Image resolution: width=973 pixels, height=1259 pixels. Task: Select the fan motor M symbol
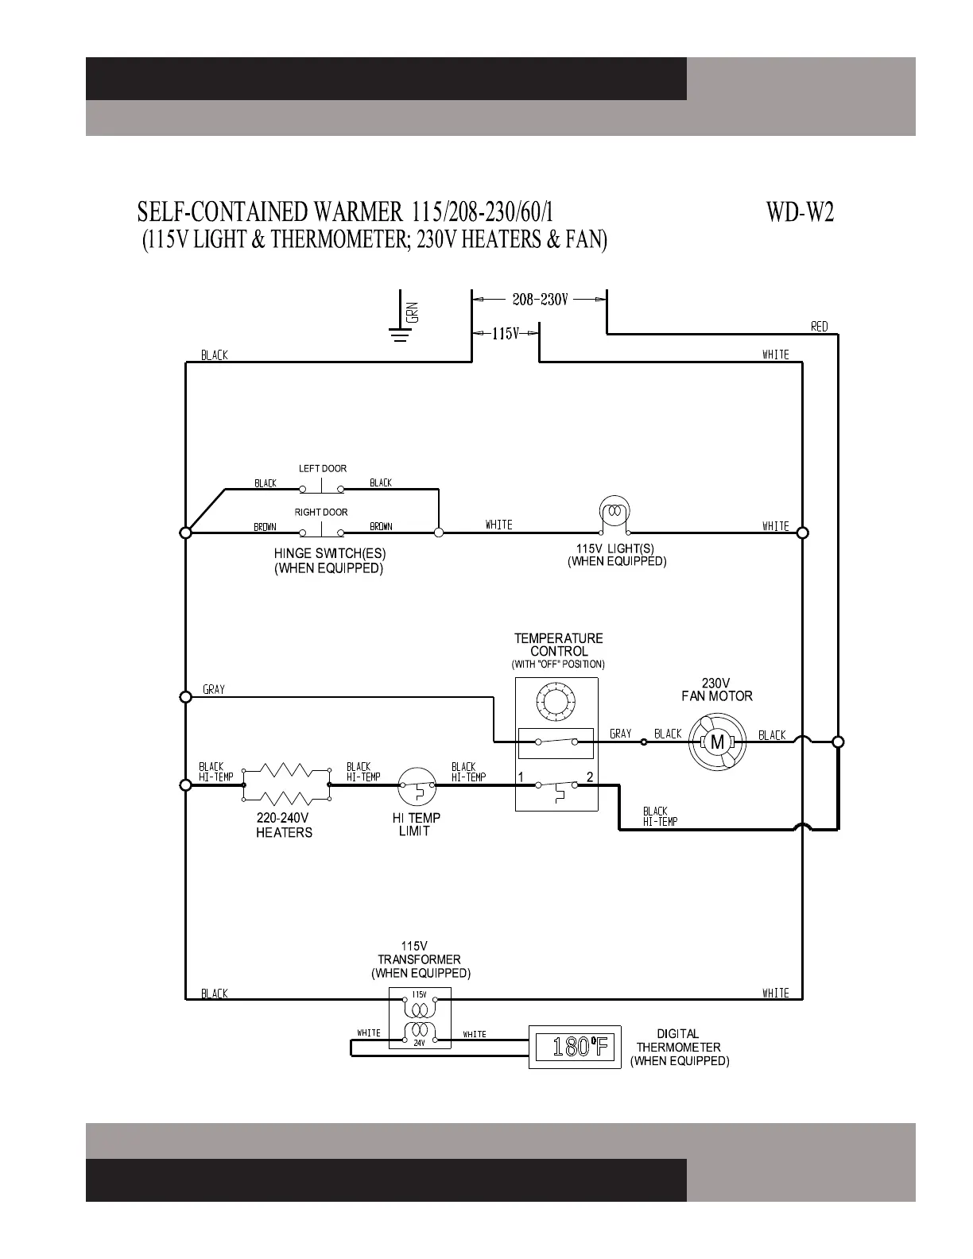click(718, 742)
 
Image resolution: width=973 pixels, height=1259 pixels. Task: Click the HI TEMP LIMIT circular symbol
click(417, 787)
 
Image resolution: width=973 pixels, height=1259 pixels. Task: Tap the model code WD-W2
click(800, 212)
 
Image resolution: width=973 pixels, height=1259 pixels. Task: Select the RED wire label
click(819, 327)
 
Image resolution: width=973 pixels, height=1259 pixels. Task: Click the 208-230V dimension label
click(540, 300)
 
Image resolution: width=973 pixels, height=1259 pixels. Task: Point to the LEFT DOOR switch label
click(323, 469)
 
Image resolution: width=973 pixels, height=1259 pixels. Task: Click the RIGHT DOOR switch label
click(321, 513)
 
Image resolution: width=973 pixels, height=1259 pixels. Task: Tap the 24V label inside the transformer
click(419, 1043)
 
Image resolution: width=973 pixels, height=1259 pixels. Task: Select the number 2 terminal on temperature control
click(589, 777)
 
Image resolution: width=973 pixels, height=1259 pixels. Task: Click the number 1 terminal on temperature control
click(521, 777)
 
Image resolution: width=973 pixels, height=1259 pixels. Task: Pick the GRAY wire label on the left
click(214, 690)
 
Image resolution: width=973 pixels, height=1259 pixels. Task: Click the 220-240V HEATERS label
click(284, 825)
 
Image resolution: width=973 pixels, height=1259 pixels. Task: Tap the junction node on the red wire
click(838, 742)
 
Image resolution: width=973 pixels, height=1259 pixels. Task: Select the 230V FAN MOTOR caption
click(716, 689)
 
